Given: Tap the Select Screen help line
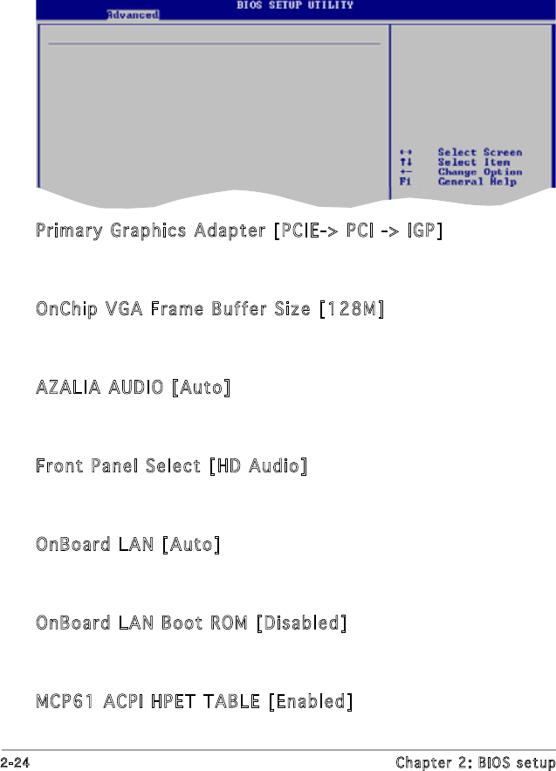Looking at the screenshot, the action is (x=479, y=153).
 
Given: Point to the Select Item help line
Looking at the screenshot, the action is (x=474, y=162).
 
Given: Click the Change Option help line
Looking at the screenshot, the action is (x=479, y=172).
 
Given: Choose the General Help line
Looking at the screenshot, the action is (x=477, y=182).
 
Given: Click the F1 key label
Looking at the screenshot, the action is (x=404, y=182).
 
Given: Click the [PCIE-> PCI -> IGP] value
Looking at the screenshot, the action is (x=358, y=231).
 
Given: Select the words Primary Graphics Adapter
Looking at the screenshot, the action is (x=151, y=231).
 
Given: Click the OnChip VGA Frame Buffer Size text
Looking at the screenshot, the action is (x=173, y=310).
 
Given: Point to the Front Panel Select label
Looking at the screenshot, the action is (x=118, y=466).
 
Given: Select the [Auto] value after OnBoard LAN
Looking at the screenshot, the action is (x=190, y=545).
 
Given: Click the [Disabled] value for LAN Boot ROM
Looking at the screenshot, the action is (x=301, y=623).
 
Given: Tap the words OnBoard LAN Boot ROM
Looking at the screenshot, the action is (x=141, y=623).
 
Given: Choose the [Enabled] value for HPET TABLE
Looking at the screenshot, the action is (x=311, y=702).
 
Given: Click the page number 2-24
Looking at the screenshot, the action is (x=15, y=762).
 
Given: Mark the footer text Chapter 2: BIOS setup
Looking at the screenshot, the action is (x=475, y=762).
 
